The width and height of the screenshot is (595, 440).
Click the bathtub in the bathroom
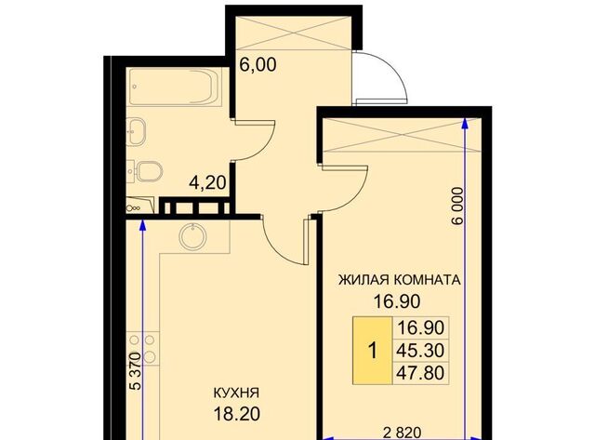point(173,90)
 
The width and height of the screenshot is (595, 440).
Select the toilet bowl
point(144,171)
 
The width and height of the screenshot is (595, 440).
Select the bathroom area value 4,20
point(207,184)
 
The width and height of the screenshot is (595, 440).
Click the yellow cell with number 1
point(373,352)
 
